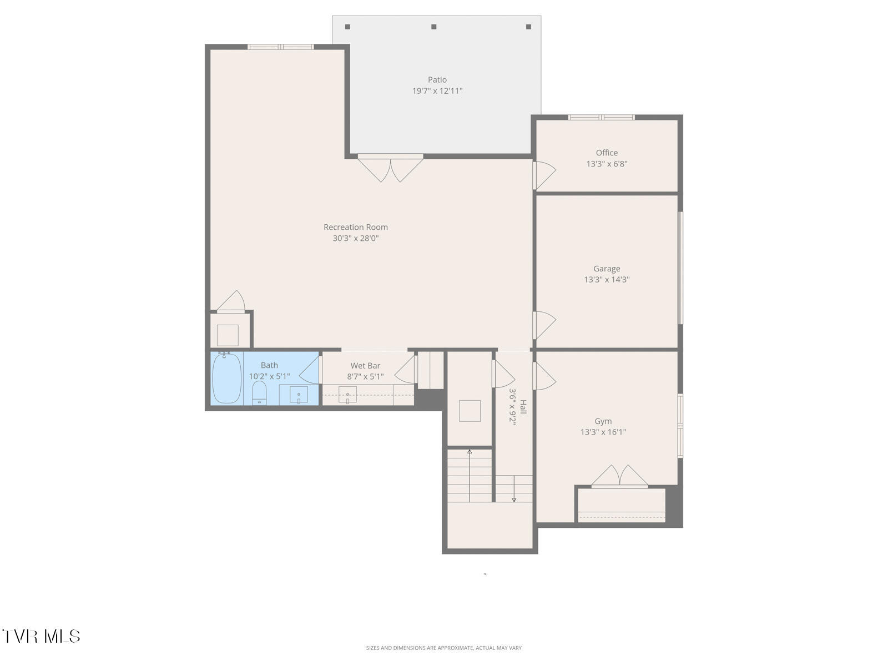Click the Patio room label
click(x=437, y=80)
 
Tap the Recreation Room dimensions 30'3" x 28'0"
click(x=355, y=239)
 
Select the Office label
click(x=607, y=153)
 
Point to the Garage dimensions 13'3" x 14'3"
click(x=607, y=280)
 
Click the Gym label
click(x=603, y=421)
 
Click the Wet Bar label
click(x=365, y=366)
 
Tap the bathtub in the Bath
click(x=226, y=379)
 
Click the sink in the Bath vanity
click(x=299, y=395)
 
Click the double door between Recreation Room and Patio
click(x=390, y=168)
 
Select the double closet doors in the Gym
click(x=619, y=476)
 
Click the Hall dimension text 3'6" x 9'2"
click(x=513, y=406)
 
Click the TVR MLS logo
click(x=41, y=636)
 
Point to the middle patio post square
click(x=434, y=27)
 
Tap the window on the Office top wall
click(x=601, y=117)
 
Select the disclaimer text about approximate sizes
click(x=443, y=648)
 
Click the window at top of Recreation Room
click(x=280, y=47)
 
